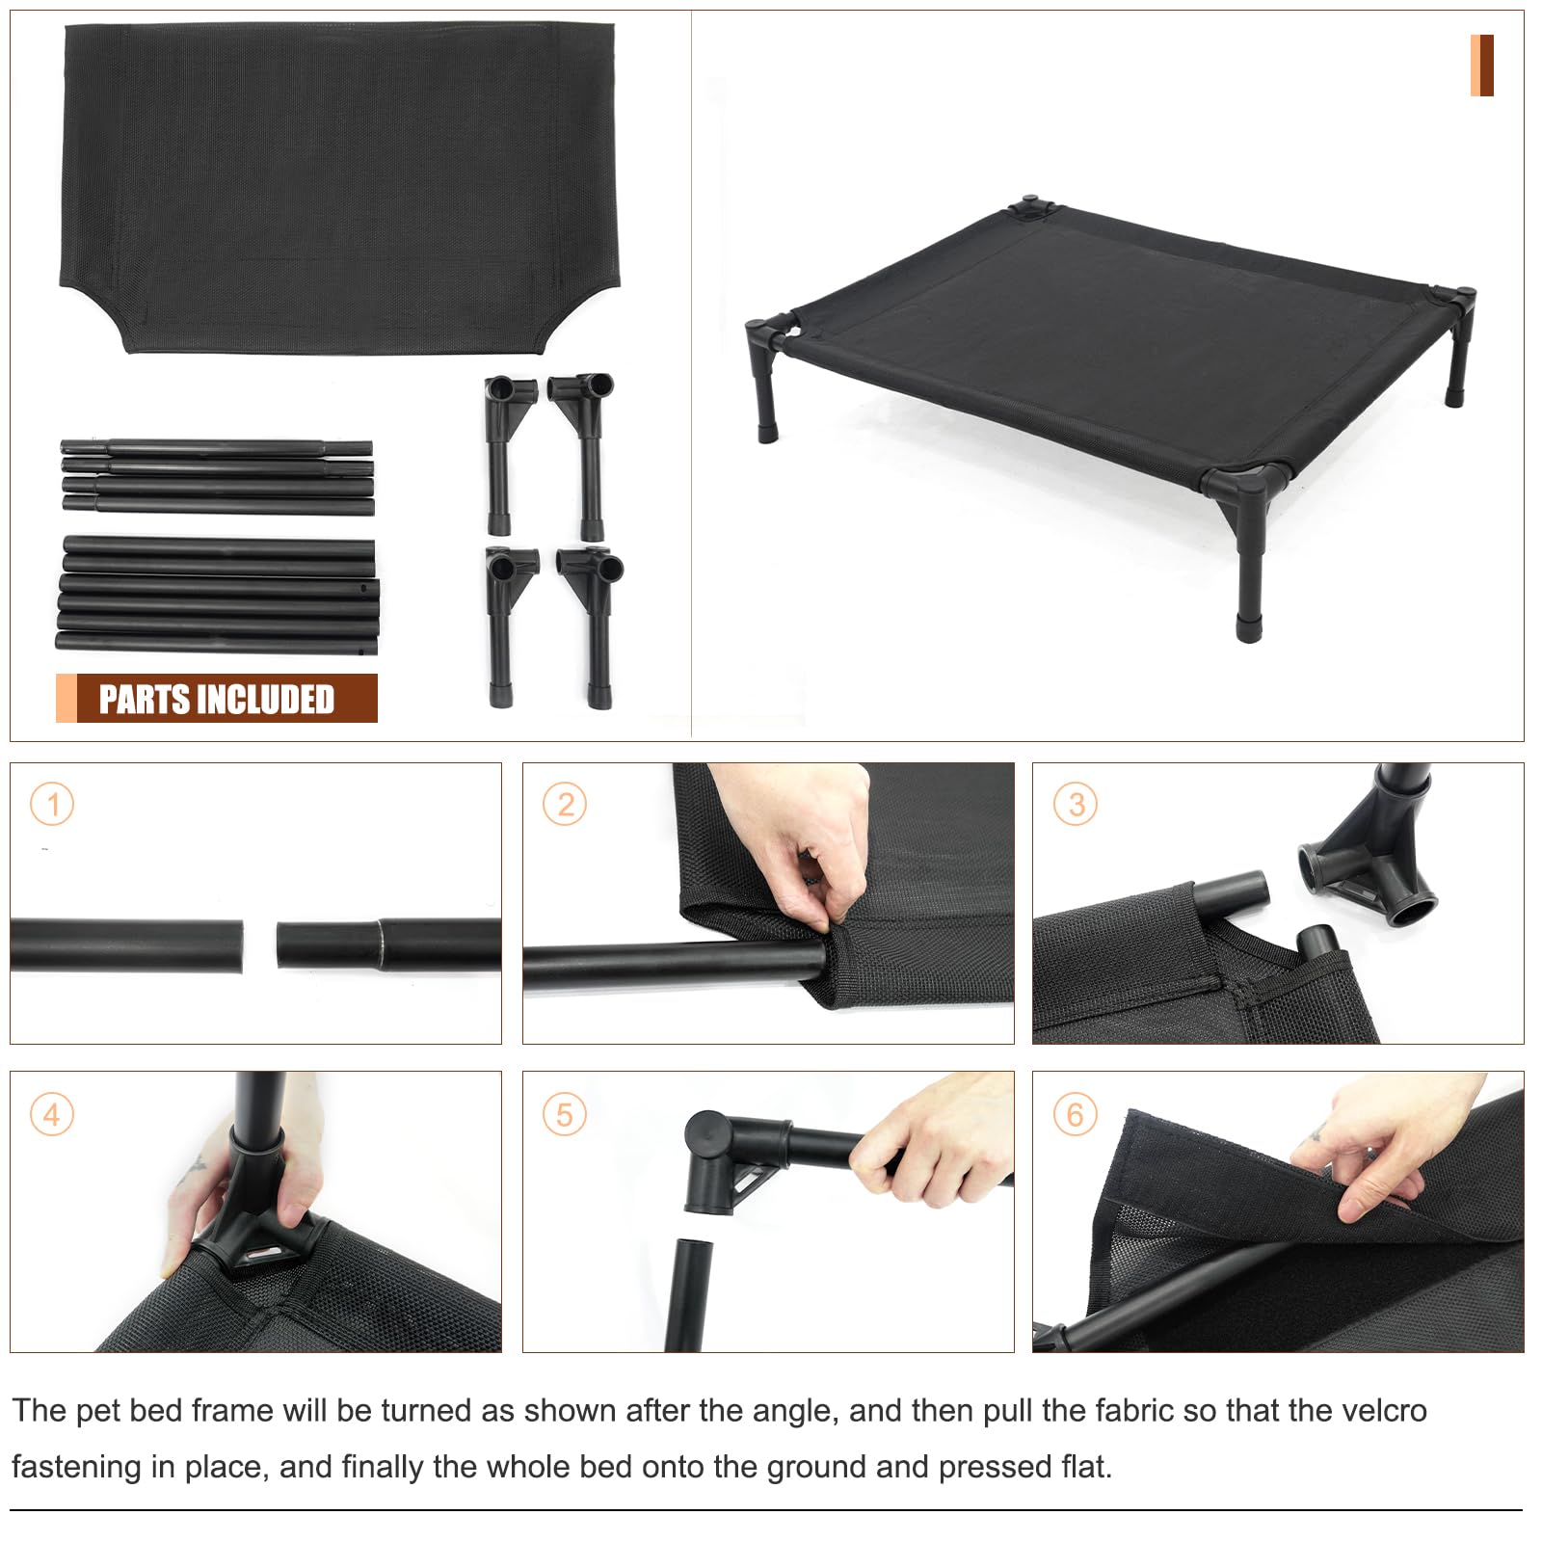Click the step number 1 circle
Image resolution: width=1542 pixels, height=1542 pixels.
pyautogui.click(x=52, y=805)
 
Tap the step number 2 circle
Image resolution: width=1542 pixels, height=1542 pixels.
pyautogui.click(x=565, y=805)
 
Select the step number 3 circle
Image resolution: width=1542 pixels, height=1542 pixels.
pyautogui.click(x=1076, y=805)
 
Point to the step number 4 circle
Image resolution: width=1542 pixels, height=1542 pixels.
pyautogui.click(x=52, y=1115)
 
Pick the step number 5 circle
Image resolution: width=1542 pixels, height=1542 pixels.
pyautogui.click(x=565, y=1115)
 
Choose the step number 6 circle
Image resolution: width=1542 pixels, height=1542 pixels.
pyautogui.click(x=1076, y=1115)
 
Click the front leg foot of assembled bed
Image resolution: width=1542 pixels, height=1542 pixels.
pyautogui.click(x=1249, y=628)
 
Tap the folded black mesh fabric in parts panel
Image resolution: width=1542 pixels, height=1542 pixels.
pyautogui.click(x=337, y=183)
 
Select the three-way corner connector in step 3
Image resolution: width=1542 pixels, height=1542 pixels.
pyautogui.click(x=1369, y=867)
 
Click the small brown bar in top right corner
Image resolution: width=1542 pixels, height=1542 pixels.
pyautogui.click(x=1481, y=66)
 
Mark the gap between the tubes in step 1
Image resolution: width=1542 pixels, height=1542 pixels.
pyautogui.click(x=259, y=945)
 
